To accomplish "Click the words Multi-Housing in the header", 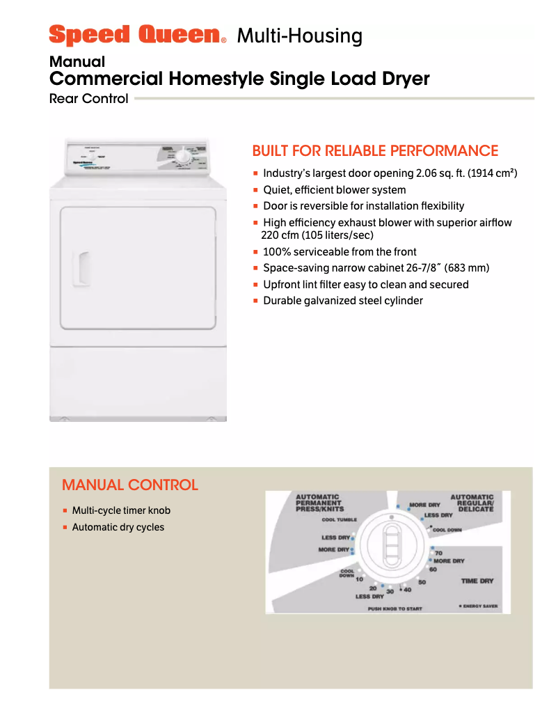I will (299, 36).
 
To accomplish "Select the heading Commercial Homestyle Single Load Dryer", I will (239, 79).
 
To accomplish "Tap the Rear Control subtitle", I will (88, 99).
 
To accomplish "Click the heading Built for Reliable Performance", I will (375, 151).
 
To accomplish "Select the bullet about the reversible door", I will (363, 206).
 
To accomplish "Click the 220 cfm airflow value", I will (280, 235).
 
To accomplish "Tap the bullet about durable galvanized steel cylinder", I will (342, 301).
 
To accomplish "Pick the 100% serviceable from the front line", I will (340, 252).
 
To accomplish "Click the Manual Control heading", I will (130, 485).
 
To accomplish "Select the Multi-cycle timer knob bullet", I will (121, 510).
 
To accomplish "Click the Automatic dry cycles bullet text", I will (118, 527).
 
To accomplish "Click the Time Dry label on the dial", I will (477, 581).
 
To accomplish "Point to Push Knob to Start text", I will (394, 609).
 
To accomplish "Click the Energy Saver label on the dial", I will (479, 606).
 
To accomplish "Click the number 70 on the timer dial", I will (438, 553).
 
